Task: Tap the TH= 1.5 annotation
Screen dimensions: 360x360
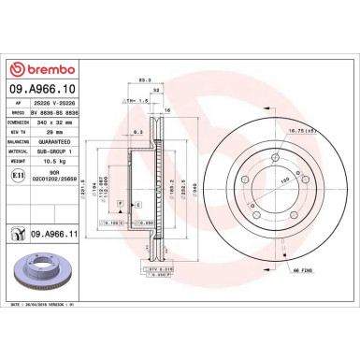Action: pos(137,100)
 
